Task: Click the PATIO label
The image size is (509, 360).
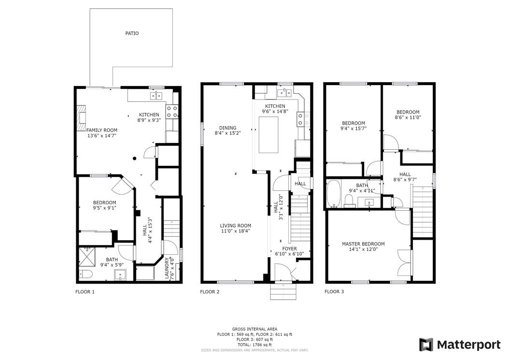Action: [132, 33]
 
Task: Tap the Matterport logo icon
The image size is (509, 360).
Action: [426, 345]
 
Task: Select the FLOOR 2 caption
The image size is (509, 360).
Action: [210, 292]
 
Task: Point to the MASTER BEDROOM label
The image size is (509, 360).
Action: [363, 244]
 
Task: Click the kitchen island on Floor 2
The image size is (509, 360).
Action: [269, 135]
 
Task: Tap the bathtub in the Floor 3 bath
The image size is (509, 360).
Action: [333, 194]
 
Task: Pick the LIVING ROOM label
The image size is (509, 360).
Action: [235, 226]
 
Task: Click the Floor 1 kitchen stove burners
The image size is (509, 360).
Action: [172, 112]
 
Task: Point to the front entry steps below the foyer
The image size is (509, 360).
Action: [283, 291]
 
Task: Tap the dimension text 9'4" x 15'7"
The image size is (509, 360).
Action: [353, 129]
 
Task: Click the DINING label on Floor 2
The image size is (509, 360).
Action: [227, 128]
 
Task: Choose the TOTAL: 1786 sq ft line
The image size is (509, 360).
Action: [254, 345]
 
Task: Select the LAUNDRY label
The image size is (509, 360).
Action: [167, 268]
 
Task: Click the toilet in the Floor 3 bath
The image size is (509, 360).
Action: [349, 201]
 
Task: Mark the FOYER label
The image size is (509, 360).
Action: [289, 249]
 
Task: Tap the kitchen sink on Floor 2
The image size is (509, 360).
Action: [284, 93]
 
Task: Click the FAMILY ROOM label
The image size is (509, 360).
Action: [101, 130]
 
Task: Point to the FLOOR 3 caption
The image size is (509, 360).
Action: [334, 292]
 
